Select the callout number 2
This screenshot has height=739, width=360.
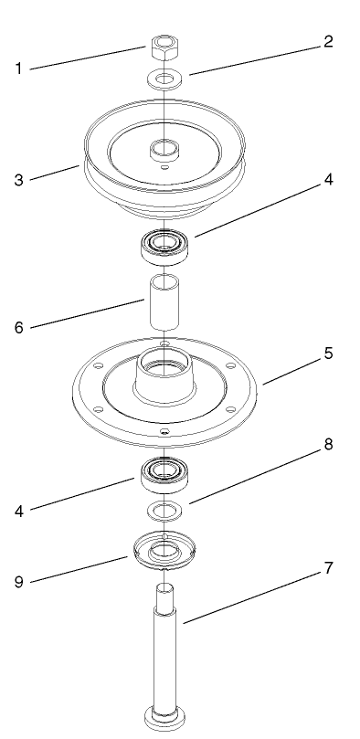click(328, 42)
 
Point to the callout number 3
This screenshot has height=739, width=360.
click(17, 180)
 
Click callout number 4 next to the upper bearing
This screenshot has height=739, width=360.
click(328, 181)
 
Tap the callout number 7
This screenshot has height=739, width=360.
click(328, 569)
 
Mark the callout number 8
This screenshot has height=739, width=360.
click(328, 445)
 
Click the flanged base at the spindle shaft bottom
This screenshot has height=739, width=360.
click(162, 713)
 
